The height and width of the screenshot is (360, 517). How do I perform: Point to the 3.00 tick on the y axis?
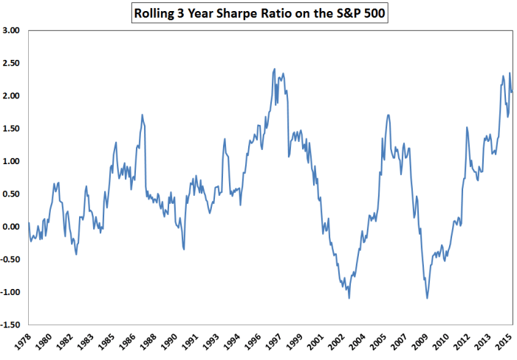click(13, 31)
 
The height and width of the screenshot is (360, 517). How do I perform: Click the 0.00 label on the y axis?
click(13, 226)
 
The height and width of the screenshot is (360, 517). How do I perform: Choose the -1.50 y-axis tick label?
click(11, 325)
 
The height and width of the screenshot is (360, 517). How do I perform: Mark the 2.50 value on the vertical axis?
click(13, 64)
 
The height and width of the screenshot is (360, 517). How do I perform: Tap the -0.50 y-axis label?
click(11, 259)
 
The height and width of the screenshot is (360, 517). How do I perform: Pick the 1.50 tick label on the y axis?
click(13, 129)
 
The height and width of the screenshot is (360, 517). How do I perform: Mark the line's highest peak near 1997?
click(275, 69)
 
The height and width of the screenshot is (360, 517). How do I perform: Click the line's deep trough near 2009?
click(427, 298)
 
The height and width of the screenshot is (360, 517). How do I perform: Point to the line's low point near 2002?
click(349, 298)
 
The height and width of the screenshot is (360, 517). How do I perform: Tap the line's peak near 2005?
click(388, 115)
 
